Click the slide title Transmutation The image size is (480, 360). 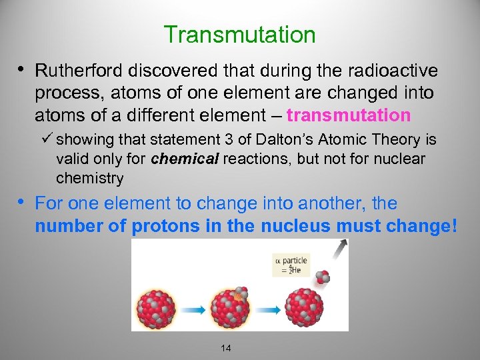tap(239, 35)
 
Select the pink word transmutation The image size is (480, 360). tap(349, 116)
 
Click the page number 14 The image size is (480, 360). tap(225, 348)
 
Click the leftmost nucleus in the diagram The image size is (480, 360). tap(155, 309)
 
